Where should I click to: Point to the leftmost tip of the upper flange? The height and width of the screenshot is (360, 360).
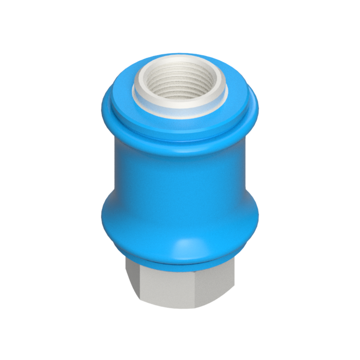(102, 109)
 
